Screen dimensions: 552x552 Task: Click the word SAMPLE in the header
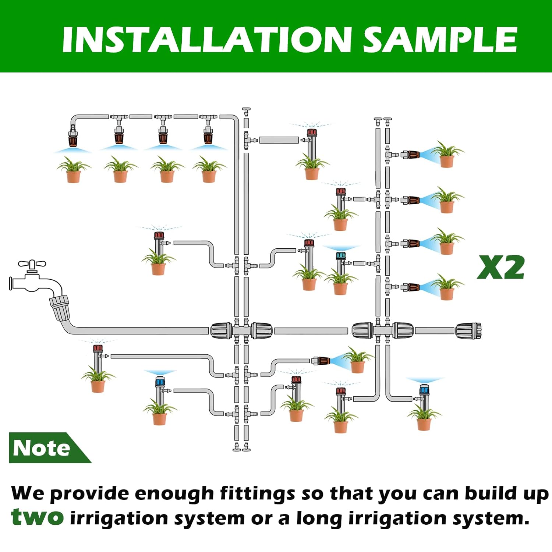click(440, 40)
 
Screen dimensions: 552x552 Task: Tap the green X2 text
click(500, 268)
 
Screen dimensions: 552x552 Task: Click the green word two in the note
click(37, 517)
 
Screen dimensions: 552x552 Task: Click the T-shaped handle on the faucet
click(32, 264)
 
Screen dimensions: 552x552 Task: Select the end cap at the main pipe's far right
click(468, 331)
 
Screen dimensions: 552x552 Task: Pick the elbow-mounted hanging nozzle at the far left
click(73, 137)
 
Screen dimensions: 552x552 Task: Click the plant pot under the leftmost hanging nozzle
click(73, 176)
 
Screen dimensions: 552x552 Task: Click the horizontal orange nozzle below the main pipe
click(321, 361)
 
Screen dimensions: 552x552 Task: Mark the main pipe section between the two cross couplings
click(311, 331)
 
